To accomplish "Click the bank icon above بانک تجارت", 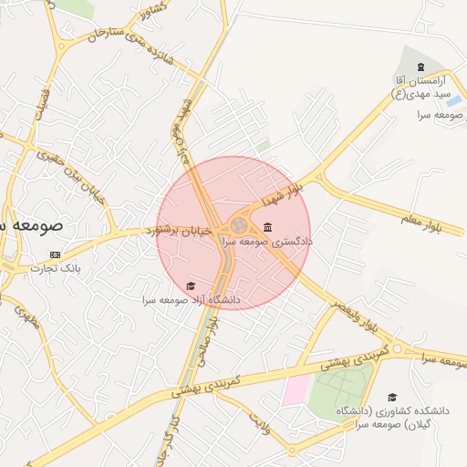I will click(56, 254).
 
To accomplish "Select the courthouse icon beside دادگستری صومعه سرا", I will click(266, 227).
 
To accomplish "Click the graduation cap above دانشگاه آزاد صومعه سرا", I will click(191, 286).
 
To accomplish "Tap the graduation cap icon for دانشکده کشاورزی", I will click(392, 397).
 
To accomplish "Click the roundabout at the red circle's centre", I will click(239, 224).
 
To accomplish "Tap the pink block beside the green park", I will click(296, 389).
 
